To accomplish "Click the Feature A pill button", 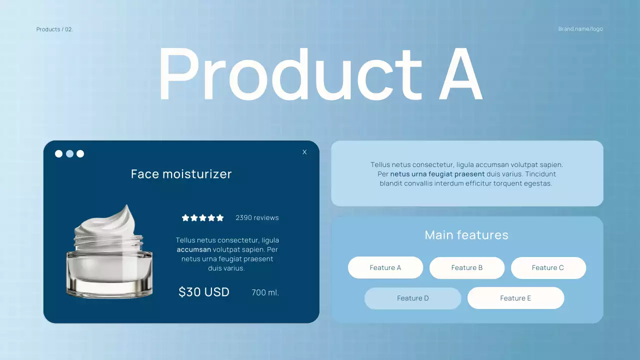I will pyautogui.click(x=385, y=268).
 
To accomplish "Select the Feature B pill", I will pyautogui.click(x=466, y=268).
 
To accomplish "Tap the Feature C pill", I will pyautogui.click(x=548, y=268).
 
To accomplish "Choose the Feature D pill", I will pyautogui.click(x=412, y=298).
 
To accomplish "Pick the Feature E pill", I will pyautogui.click(x=515, y=298).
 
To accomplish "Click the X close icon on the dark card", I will pyautogui.click(x=304, y=152).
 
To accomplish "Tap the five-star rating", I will pyautogui.click(x=202, y=218).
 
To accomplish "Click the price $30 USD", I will pyautogui.click(x=204, y=292).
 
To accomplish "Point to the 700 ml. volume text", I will pyautogui.click(x=265, y=292).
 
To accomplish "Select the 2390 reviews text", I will pyautogui.click(x=257, y=218).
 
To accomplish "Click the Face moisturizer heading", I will pyautogui.click(x=181, y=174).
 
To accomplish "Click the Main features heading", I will pyautogui.click(x=466, y=235).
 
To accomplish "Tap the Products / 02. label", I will pyautogui.click(x=54, y=29).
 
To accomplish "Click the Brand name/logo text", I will pyautogui.click(x=580, y=29).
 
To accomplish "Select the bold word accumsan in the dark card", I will pyautogui.click(x=193, y=249).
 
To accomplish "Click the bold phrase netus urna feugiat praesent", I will pyautogui.click(x=437, y=174).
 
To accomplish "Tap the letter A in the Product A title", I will pyautogui.click(x=460, y=75).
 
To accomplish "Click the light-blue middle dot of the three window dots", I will pyautogui.click(x=69, y=154).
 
